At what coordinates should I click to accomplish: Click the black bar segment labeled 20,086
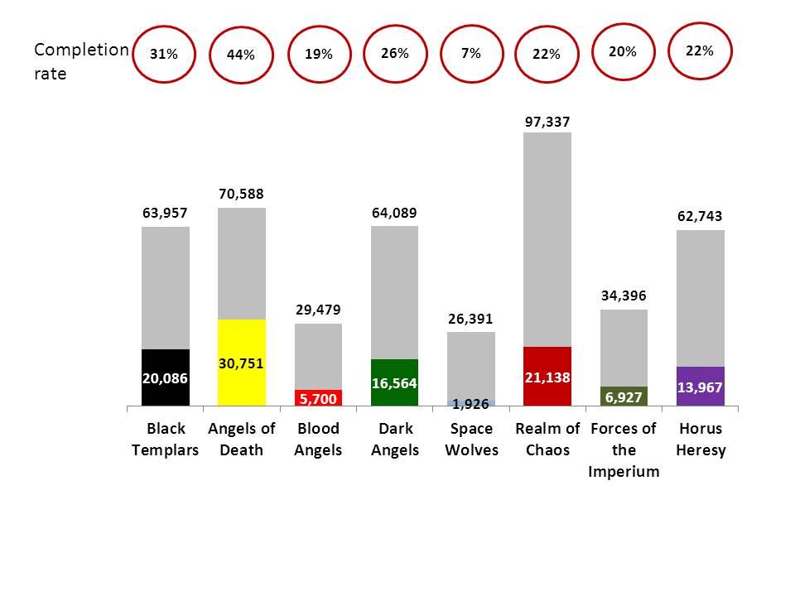pos(166,377)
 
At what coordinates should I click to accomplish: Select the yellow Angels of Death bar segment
pos(242,363)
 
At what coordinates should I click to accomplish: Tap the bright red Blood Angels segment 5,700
pos(319,398)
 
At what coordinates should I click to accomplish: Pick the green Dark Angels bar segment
pos(394,382)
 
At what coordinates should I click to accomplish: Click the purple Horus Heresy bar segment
pos(701,386)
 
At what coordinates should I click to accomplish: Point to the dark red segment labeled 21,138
pos(547,377)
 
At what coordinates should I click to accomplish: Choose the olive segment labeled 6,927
pos(624,397)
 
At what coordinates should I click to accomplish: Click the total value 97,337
pos(547,123)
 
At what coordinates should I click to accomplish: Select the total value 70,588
pos(242,195)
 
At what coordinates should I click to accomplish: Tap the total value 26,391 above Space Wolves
pos(471,320)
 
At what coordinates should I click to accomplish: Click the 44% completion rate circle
pos(241,55)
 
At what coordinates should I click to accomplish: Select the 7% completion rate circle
pos(471,53)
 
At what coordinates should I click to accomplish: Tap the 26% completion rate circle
pos(395,53)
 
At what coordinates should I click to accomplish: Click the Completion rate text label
pos(79,61)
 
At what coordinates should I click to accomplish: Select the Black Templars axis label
pos(166,440)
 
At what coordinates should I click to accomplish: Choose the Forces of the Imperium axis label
pos(624,450)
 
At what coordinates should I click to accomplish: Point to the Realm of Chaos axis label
pos(547,440)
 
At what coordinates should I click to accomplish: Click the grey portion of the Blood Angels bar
pos(319,356)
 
